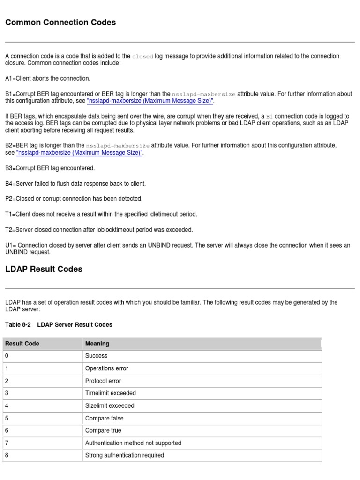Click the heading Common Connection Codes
pyautogui.click(x=60, y=22)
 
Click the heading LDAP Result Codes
pyautogui.click(x=44, y=269)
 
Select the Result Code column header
pyautogui.click(x=22, y=344)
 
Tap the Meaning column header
pyautogui.click(x=97, y=344)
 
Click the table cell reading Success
pyautogui.click(x=96, y=356)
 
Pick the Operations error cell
pyautogui.click(x=106, y=368)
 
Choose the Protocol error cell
pyautogui.click(x=103, y=381)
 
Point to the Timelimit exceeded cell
pyautogui.click(x=110, y=393)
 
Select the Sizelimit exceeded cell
pyautogui.click(x=110, y=406)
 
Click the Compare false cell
pyautogui.click(x=104, y=418)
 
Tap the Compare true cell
pyautogui.click(x=103, y=431)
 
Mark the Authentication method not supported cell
pyautogui.click(x=133, y=443)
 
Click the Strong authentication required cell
pyautogui.click(x=125, y=455)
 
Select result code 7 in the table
pyautogui.click(x=7, y=443)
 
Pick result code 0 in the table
pyautogui.click(x=7, y=356)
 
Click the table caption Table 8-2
pyautogui.click(x=18, y=324)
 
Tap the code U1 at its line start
pyautogui.click(x=9, y=245)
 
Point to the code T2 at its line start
pyautogui.click(x=9, y=230)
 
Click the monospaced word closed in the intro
pyautogui.click(x=142, y=56)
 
